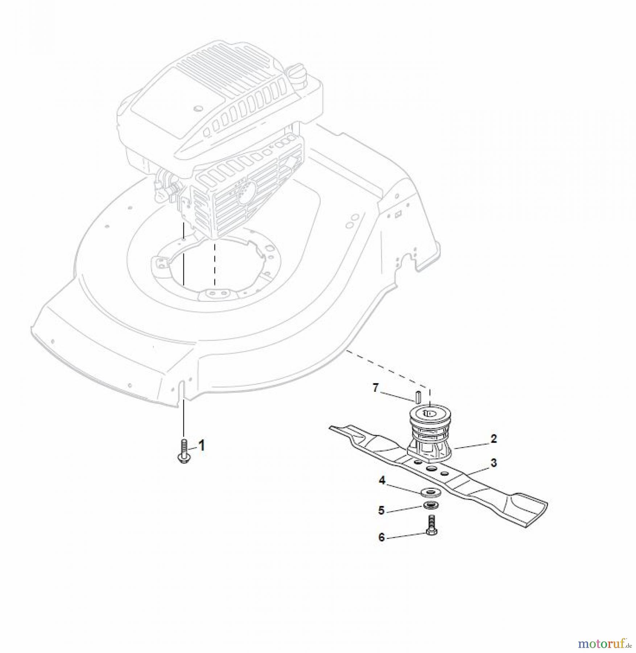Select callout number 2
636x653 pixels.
point(493,439)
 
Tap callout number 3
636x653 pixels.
point(494,463)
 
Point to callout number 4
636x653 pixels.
point(382,481)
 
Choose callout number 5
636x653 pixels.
point(381,510)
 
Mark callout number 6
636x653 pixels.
point(381,537)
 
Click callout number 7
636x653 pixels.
point(376,388)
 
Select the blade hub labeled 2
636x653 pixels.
point(430,435)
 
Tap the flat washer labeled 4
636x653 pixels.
point(430,493)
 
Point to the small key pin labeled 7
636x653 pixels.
point(418,397)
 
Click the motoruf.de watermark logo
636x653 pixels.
point(603,642)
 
